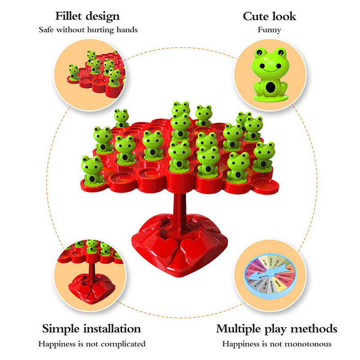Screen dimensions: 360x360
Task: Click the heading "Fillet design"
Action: click(87, 17)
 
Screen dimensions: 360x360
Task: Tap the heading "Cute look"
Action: click(269, 17)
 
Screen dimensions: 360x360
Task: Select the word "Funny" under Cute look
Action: click(269, 30)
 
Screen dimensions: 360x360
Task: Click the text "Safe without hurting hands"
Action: click(88, 30)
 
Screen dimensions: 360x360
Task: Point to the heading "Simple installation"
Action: click(91, 328)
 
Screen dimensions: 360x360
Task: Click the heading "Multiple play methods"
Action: click(276, 328)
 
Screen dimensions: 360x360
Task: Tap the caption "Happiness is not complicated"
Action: click(91, 344)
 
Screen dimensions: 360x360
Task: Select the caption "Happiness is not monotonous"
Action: click(276, 344)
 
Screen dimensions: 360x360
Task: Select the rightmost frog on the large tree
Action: click(264, 157)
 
